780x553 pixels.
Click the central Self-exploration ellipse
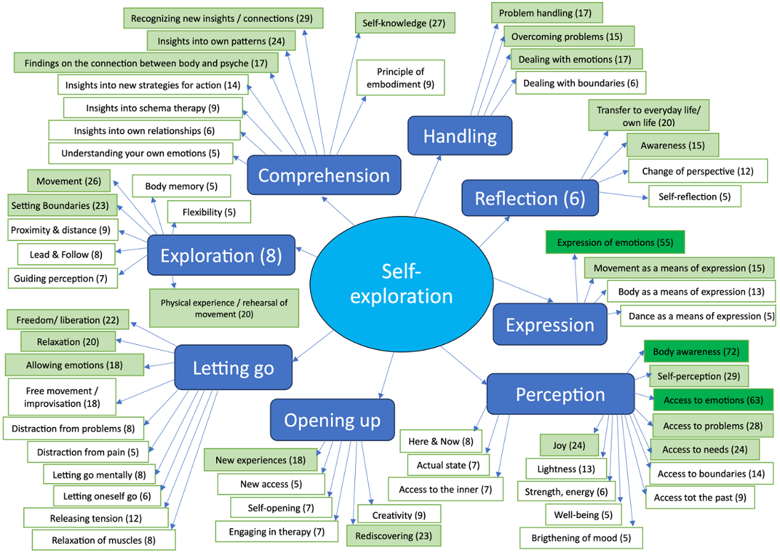[401, 282]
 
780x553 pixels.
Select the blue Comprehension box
[324, 175]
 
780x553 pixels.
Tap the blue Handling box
[459, 135]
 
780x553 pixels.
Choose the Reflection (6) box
[530, 198]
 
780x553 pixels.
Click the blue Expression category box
[550, 324]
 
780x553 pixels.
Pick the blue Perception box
[560, 394]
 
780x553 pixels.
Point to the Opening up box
[332, 420]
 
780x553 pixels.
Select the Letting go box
[233, 368]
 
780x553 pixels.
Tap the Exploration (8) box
[221, 255]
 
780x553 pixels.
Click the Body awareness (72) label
[695, 351]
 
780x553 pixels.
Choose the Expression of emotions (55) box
[615, 242]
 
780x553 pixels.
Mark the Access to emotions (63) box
[713, 400]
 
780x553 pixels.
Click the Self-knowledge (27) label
[404, 23]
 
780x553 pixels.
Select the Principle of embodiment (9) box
[400, 78]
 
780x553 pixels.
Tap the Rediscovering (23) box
[394, 535]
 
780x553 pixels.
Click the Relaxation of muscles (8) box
[103, 540]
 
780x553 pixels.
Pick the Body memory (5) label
[181, 187]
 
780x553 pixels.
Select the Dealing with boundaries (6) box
[580, 83]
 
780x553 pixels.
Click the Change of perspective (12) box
[697, 171]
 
